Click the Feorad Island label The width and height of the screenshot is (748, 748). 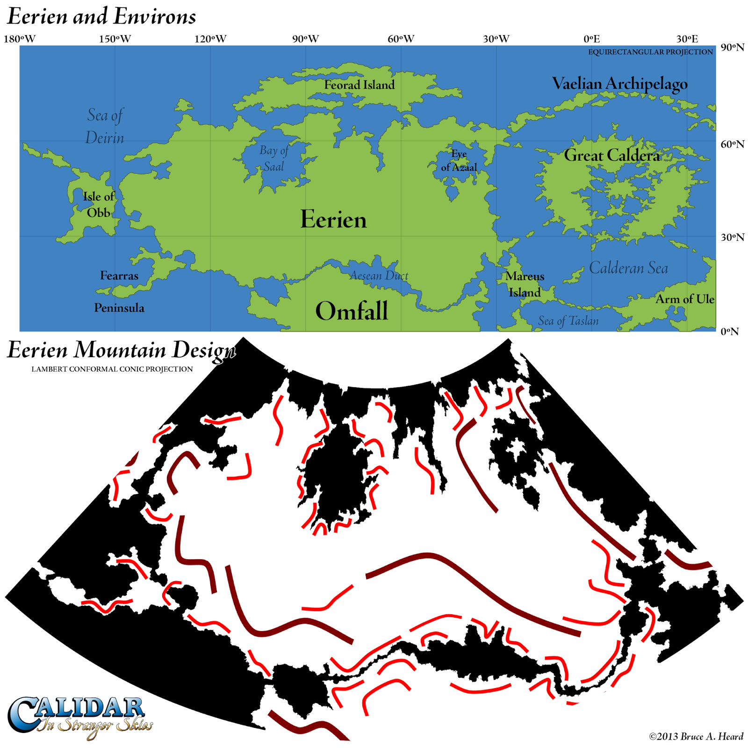359,85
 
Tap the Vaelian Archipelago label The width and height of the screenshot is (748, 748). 619,84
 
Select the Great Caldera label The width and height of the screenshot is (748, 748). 611,155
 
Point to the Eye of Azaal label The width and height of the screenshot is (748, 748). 459,160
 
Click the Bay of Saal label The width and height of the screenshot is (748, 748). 273,158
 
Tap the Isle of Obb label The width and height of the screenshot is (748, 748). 98,204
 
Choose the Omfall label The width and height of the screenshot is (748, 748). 352,311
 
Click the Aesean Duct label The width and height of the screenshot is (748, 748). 379,276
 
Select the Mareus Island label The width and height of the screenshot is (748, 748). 525,284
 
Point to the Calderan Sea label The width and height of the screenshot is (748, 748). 628,268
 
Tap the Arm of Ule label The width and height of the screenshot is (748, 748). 684,299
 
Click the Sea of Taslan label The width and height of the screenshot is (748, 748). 568,321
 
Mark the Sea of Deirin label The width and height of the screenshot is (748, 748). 105,126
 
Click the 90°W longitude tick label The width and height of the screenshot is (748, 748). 305,39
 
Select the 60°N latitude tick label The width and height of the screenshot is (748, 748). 732,144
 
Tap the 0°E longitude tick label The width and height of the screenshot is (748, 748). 591,39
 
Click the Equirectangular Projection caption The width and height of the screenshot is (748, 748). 650,52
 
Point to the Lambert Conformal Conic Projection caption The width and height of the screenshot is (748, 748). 112,369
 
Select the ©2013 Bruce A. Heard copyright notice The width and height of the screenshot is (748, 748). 696,737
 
